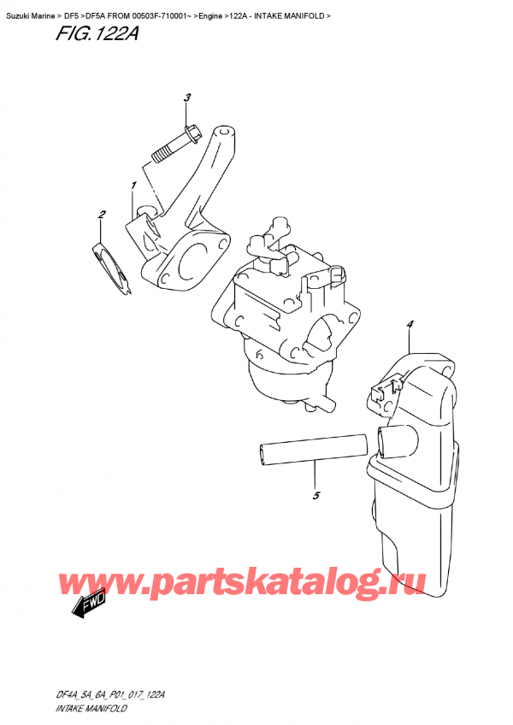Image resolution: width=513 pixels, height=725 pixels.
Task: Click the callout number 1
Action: click(133, 186)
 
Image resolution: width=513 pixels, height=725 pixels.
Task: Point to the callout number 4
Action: click(410, 324)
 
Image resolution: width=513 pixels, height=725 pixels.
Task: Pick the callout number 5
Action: click(315, 496)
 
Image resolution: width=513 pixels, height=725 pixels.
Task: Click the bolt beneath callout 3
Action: click(174, 145)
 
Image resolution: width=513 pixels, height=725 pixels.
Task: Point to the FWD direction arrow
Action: click(86, 609)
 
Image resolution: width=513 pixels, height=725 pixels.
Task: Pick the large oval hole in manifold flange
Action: click(196, 257)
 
